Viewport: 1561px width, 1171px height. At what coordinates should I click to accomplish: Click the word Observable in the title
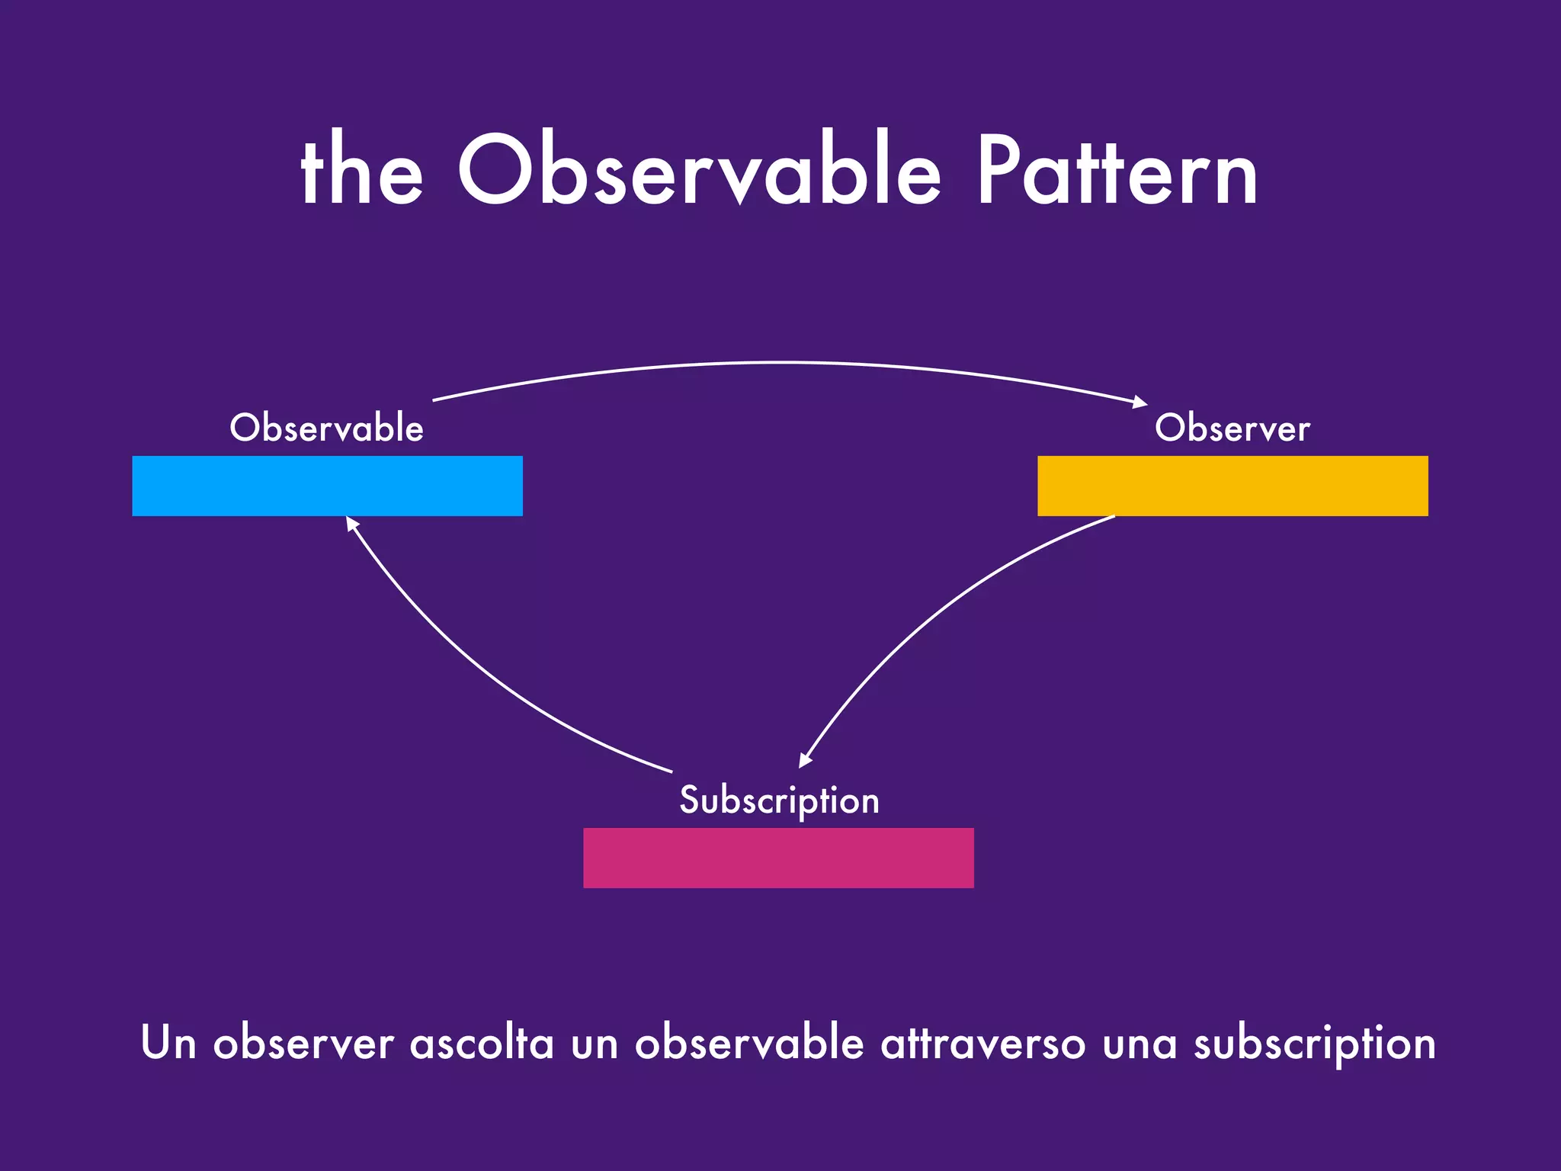[699, 172]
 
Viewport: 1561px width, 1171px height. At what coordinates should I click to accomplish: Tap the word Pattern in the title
[1116, 172]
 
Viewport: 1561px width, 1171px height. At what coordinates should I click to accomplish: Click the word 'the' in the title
[361, 172]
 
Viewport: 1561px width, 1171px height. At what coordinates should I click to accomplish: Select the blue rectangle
[327, 486]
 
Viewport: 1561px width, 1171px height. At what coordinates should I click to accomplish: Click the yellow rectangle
[1232, 486]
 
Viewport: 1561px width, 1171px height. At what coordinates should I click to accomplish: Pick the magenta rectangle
[778, 858]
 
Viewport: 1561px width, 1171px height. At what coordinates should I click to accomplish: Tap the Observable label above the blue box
[326, 428]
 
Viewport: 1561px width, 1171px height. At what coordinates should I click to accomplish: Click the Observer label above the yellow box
[1232, 428]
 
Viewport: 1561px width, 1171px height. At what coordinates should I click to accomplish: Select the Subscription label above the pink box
[779, 800]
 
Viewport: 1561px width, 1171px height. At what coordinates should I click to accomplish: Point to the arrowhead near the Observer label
[1140, 402]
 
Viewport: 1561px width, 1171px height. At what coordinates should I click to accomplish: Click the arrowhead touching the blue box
[351, 523]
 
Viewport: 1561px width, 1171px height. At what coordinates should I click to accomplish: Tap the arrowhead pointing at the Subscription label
[804, 760]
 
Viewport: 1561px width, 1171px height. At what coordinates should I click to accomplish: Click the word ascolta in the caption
[482, 1043]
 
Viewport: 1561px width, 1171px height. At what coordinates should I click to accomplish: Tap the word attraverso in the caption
[982, 1043]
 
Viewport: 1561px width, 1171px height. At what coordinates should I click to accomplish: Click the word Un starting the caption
[168, 1043]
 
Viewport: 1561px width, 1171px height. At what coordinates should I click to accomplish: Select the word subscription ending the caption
[1314, 1043]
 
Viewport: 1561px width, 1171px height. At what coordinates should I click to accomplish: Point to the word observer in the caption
[303, 1043]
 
